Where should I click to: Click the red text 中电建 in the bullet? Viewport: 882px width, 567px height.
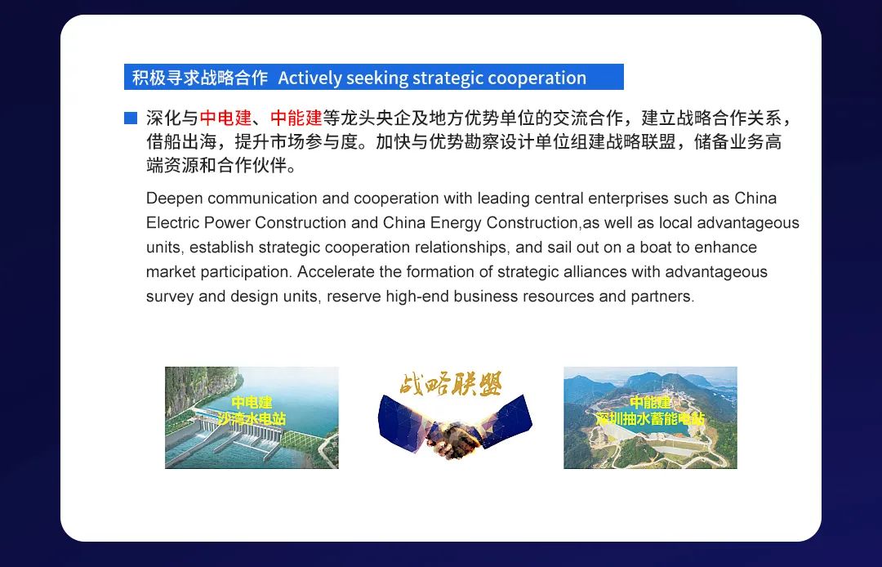click(225, 118)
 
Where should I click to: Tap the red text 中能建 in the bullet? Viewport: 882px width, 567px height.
click(296, 118)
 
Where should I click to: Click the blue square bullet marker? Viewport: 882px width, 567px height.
click(131, 118)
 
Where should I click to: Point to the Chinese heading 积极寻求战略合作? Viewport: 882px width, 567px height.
click(200, 77)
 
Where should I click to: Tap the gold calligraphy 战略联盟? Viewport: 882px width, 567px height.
click(451, 384)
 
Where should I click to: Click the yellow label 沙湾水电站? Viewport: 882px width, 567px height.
click(252, 418)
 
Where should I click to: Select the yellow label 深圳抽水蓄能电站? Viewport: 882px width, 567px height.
click(650, 418)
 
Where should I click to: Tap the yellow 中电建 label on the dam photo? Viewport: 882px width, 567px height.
click(252, 403)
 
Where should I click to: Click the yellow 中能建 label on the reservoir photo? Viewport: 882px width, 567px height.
click(650, 403)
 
